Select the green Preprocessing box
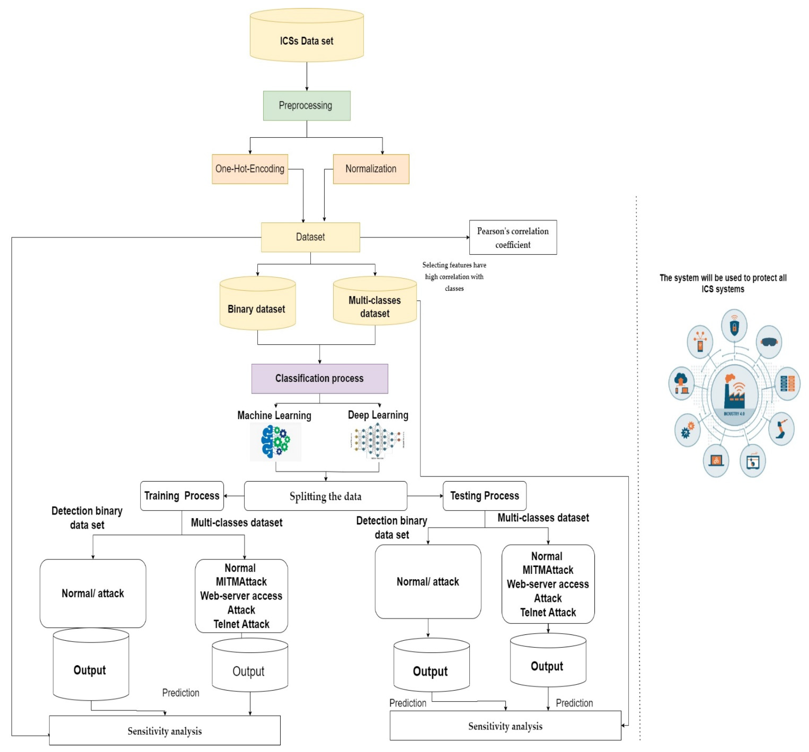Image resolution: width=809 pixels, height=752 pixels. pyautogui.click(x=307, y=105)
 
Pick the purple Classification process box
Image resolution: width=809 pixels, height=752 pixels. pyautogui.click(x=320, y=379)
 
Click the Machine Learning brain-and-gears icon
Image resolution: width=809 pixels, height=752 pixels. pyautogui.click(x=275, y=441)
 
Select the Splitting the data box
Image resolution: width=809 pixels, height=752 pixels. pyautogui.click(x=325, y=496)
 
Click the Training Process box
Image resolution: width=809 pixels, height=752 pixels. pyautogui.click(x=182, y=496)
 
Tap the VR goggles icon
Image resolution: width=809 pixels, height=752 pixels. pyautogui.click(x=768, y=342)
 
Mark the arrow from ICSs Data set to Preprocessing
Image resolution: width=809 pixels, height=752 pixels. pyautogui.click(x=307, y=77)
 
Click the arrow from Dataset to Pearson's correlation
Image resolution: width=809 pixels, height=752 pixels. pyautogui.click(x=415, y=237)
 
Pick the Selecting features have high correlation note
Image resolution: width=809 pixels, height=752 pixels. pyautogui.click(x=454, y=277)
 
